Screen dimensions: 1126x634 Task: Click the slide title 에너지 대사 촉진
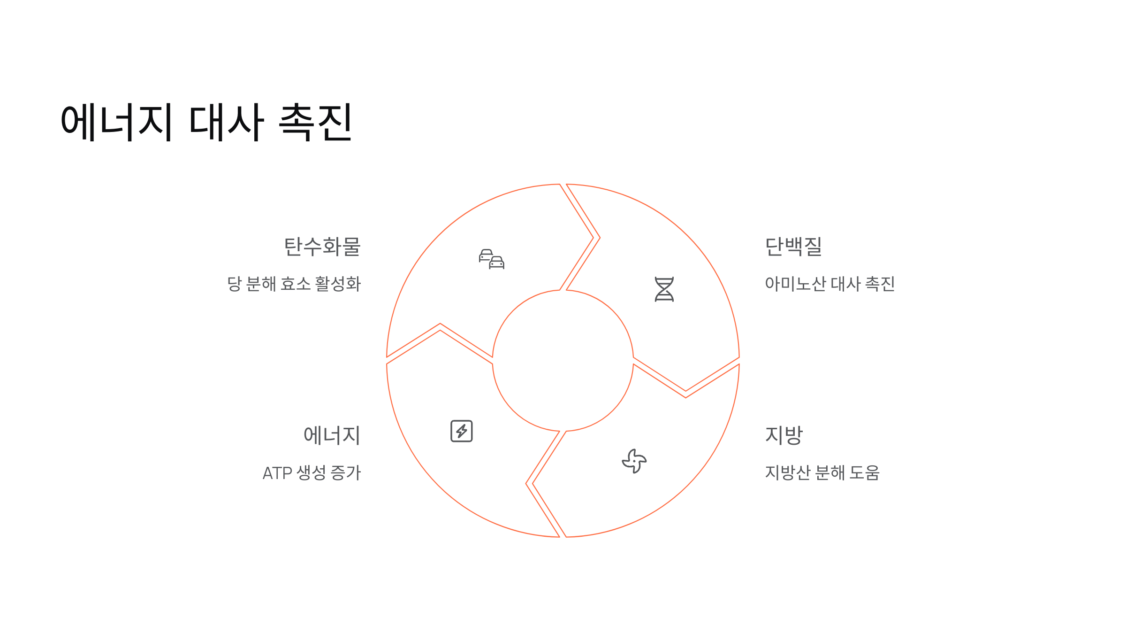tap(206, 122)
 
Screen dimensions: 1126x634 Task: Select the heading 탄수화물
tap(322, 247)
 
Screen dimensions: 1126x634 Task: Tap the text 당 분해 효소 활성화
tap(294, 284)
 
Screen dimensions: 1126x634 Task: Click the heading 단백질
tap(793, 247)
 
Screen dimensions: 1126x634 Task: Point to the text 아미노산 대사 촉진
tap(829, 284)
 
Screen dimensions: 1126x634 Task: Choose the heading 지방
tap(784, 435)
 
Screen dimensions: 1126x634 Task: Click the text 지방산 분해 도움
tap(822, 473)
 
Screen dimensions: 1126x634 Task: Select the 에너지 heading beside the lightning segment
tap(332, 435)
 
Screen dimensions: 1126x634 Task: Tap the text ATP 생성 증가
tap(312, 473)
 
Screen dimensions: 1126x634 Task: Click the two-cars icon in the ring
tap(492, 259)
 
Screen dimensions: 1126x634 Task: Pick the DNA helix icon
tap(664, 289)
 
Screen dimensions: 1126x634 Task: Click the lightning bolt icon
tap(462, 431)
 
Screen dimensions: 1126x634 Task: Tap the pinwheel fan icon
tap(634, 461)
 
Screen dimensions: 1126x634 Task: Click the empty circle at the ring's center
tap(563, 361)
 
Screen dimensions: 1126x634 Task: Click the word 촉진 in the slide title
tap(315, 122)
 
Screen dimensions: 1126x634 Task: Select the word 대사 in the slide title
tap(226, 122)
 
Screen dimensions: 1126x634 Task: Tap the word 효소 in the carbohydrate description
tap(296, 284)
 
